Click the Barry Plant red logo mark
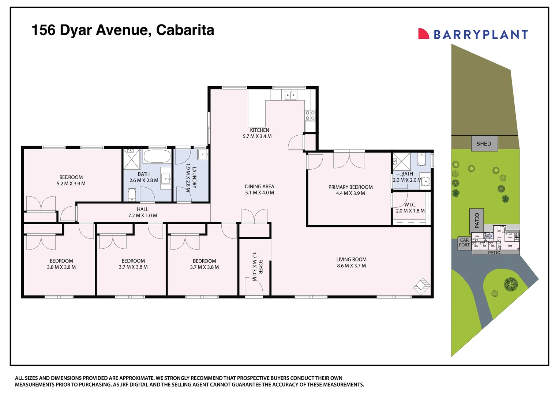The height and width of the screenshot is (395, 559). pyautogui.click(x=423, y=34)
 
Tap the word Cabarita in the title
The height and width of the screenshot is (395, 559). pyautogui.click(x=185, y=30)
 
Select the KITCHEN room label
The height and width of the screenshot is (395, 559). pyautogui.click(x=259, y=130)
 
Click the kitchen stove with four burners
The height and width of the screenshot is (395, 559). pyautogui.click(x=310, y=116)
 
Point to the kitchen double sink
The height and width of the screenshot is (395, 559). pyautogui.click(x=290, y=95)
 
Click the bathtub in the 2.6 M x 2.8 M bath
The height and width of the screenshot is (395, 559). pyautogui.click(x=157, y=157)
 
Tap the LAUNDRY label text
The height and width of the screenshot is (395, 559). pyautogui.click(x=194, y=177)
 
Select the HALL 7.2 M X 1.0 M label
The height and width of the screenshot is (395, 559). pyautogui.click(x=143, y=212)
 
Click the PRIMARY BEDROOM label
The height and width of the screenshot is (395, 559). pyautogui.click(x=350, y=187)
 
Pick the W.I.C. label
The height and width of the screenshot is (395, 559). pyautogui.click(x=410, y=205)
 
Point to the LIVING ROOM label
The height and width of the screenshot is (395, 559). pyautogui.click(x=351, y=259)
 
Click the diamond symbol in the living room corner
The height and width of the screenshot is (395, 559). pyautogui.click(x=422, y=286)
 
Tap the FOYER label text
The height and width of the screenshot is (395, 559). pyautogui.click(x=260, y=267)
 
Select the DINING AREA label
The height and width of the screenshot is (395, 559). pyautogui.click(x=259, y=187)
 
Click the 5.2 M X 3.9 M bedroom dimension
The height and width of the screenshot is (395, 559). pyautogui.click(x=71, y=184)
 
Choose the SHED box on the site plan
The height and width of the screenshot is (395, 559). pyautogui.click(x=484, y=144)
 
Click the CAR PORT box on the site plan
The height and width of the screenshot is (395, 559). pyautogui.click(x=464, y=243)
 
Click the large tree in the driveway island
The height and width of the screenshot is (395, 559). pyautogui.click(x=511, y=284)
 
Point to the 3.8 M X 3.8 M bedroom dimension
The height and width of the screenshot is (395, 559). pyautogui.click(x=61, y=267)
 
